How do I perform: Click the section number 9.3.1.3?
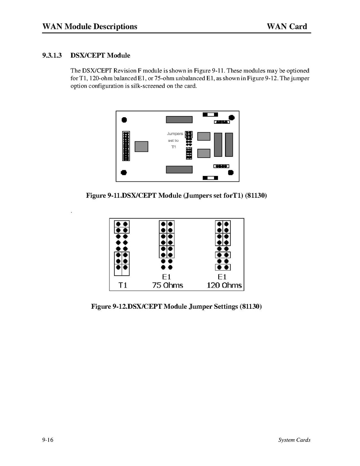pos(52,56)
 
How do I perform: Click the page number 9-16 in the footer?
pos(48,440)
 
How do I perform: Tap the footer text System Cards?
pos(294,440)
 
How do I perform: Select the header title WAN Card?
pos(287,26)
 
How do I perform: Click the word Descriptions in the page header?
pos(114,26)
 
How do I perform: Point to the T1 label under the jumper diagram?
pos(123,285)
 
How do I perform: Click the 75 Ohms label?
pos(167,285)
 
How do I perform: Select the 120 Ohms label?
pos(224,285)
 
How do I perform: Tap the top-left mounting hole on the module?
pos(124,120)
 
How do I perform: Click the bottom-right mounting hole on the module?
pos(230,172)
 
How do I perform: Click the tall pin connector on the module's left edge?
pos(126,146)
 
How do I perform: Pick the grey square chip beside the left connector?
pos(141,146)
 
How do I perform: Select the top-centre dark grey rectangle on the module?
pos(179,120)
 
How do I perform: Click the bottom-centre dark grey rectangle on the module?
pos(179,170)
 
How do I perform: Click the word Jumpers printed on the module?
pos(175,134)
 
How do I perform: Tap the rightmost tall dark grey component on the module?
pos(229,145)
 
